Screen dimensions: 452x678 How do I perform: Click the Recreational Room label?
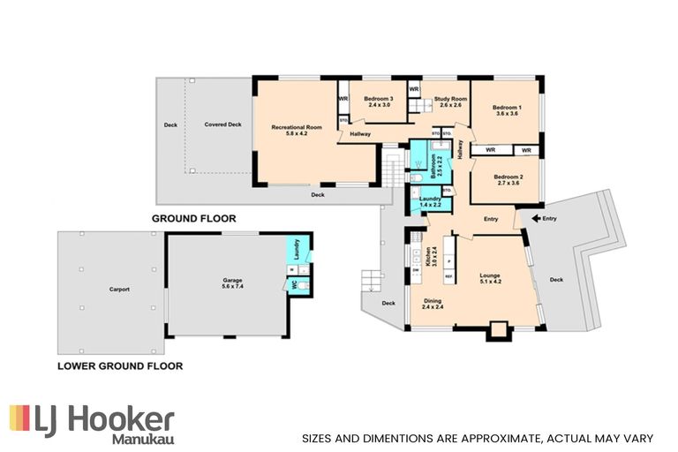click(x=296, y=128)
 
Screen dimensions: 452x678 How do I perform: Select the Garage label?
click(x=231, y=279)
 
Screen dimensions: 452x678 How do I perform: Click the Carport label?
click(x=119, y=289)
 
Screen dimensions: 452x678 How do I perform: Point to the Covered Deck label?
click(x=222, y=124)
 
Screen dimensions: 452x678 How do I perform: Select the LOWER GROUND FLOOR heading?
click(x=120, y=365)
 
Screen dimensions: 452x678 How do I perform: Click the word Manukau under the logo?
click(x=142, y=437)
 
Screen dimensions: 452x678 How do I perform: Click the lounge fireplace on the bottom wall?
click(x=499, y=332)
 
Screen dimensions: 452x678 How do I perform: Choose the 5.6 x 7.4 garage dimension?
click(x=231, y=286)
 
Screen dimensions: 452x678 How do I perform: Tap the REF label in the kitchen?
click(x=449, y=277)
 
